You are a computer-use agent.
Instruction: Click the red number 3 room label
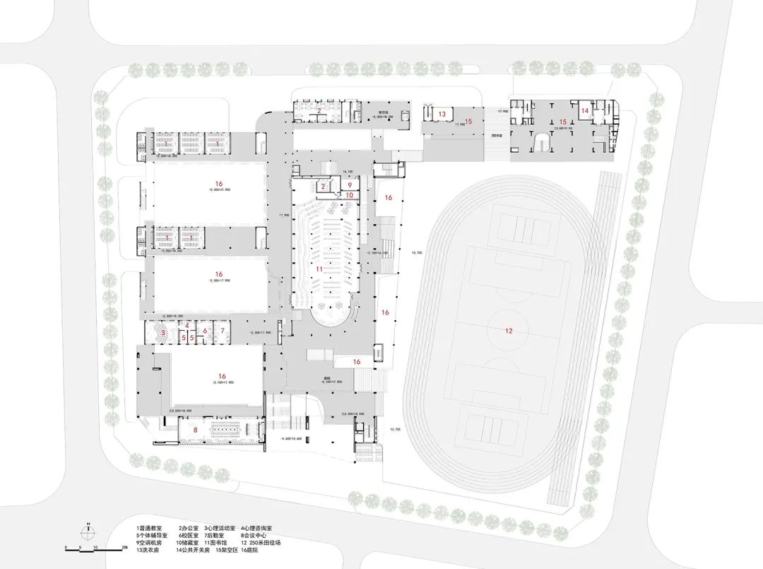pos(163,332)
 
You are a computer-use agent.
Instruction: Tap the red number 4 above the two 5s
pos(187,325)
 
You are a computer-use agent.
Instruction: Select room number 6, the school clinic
pos(205,330)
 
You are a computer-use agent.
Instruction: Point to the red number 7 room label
pos(222,330)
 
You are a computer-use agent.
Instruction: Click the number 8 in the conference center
pos(195,430)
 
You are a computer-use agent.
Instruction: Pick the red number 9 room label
pos(349,184)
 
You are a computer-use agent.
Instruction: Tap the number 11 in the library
pos(319,269)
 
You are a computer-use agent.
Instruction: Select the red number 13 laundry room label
pos(442,113)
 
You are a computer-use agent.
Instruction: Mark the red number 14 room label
pos(585,110)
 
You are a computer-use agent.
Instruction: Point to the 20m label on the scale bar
pos(124,547)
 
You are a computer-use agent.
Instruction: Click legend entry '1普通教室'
pos(149,527)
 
